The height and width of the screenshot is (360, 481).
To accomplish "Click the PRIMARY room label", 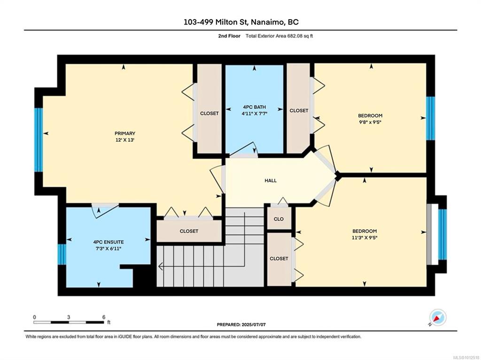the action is tap(125, 133).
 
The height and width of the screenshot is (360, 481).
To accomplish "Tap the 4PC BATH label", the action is tap(254, 107).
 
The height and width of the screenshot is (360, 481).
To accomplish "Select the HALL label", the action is tap(271, 181).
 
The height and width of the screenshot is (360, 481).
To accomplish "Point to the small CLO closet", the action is tap(279, 219).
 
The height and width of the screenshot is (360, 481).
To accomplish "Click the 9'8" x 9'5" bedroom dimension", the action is tap(370, 122).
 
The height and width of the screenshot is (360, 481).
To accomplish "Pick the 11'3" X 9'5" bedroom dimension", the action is tap(365, 237).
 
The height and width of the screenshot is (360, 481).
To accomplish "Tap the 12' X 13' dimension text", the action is tap(125, 140).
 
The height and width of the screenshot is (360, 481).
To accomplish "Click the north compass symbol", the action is tap(438, 317).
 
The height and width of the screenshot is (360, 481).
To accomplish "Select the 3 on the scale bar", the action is tap(69, 317).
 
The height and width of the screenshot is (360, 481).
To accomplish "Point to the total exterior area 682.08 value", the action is tap(295, 36).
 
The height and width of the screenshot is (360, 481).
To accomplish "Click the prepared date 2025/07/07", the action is tap(253, 324).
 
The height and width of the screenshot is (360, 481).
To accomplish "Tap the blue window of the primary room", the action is tap(39, 139).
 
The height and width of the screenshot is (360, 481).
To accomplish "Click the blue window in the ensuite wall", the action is tap(62, 254).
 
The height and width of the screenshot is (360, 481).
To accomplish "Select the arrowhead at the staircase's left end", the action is tap(160, 267).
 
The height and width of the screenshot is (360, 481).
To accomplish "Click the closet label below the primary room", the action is tap(189, 231).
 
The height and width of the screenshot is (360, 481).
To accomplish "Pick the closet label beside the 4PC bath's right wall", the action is tap(299, 110).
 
